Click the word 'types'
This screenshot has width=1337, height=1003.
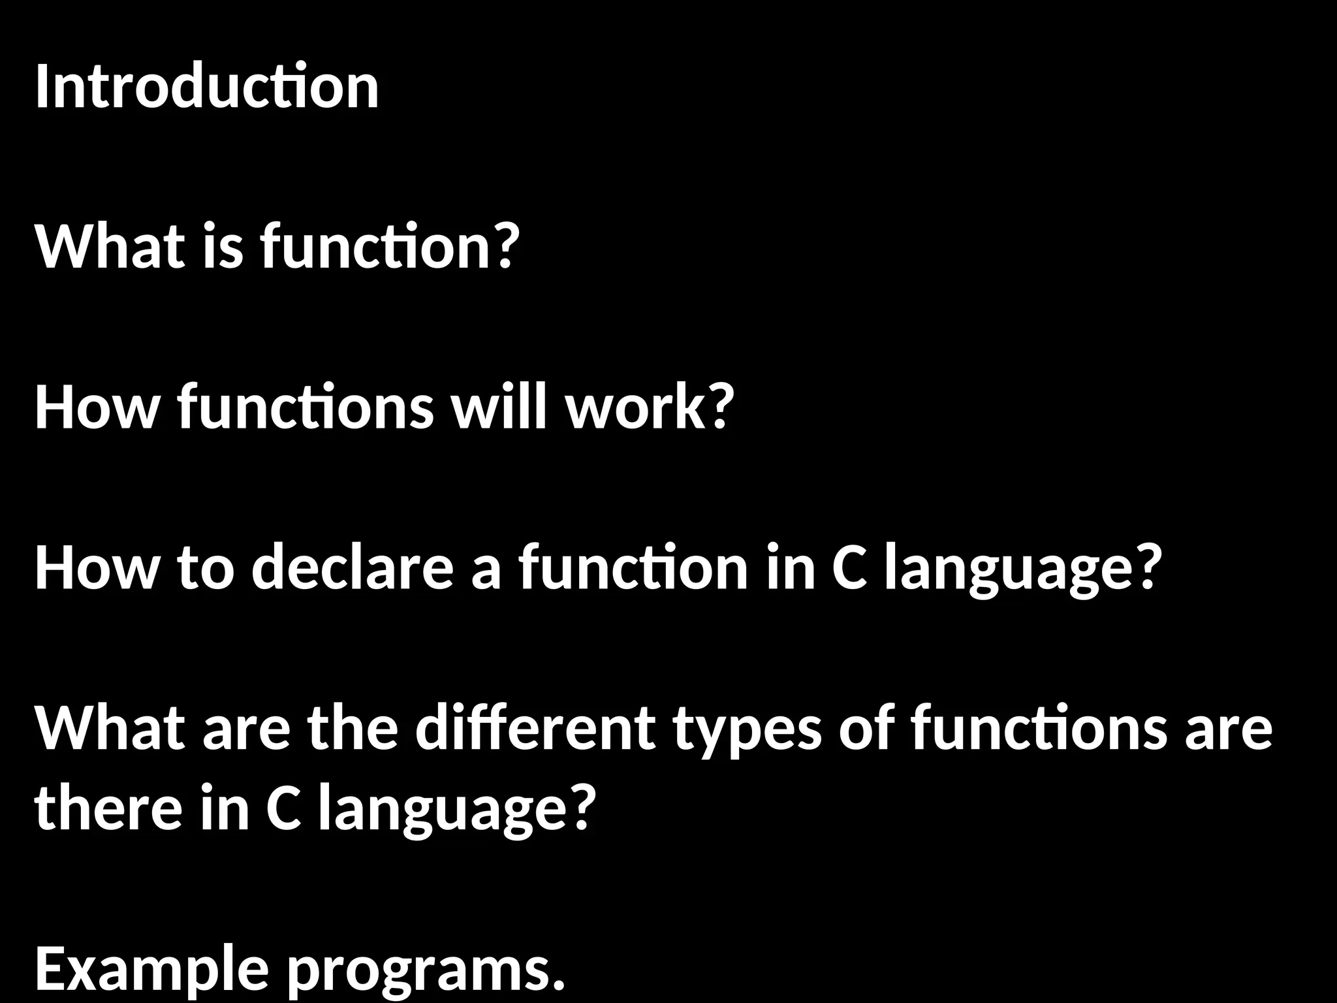click(747, 731)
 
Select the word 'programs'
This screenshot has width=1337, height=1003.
click(418, 973)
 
